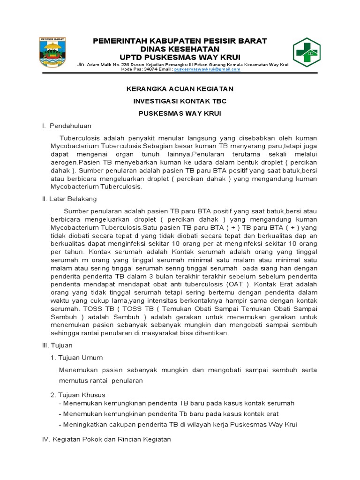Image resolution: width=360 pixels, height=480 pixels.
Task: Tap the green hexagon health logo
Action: click(x=307, y=53)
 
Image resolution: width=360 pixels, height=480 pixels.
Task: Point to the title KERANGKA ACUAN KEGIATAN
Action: click(x=180, y=89)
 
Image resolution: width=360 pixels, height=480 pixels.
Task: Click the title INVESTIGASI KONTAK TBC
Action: click(x=180, y=101)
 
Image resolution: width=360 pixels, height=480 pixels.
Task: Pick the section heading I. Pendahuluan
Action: click(x=66, y=126)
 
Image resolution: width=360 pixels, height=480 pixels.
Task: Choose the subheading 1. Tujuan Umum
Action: click(x=76, y=357)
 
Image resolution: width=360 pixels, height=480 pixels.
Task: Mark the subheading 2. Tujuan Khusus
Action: click(x=78, y=394)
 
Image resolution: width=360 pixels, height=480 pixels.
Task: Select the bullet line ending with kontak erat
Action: click(x=168, y=414)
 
